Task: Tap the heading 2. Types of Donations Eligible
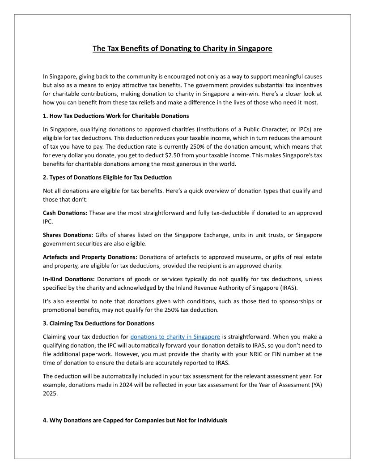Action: pyautogui.click(x=107, y=178)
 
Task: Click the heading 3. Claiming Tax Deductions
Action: pyautogui.click(x=98, y=323)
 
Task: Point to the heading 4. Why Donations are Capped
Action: pyautogui.click(x=135, y=420)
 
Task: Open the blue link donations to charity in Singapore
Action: pyautogui.click(x=175, y=336)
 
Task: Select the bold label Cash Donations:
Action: pyautogui.click(x=65, y=213)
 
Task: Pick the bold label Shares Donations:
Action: pyautogui.click(x=68, y=235)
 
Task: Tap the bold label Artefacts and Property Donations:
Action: pyautogui.click(x=90, y=257)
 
